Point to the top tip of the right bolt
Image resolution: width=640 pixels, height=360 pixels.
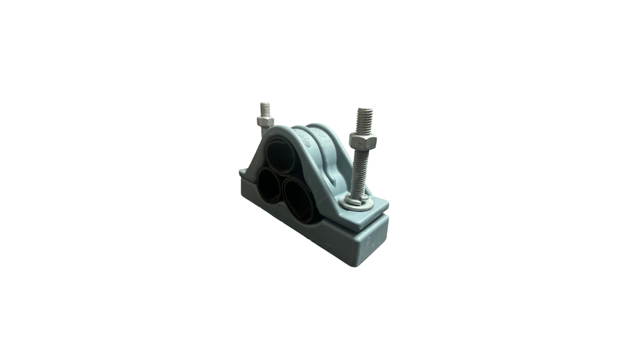coord(365,109)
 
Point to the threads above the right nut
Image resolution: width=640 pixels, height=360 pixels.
coord(365,121)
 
